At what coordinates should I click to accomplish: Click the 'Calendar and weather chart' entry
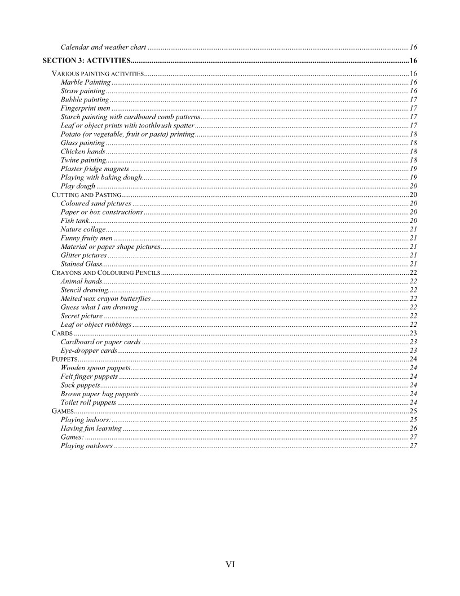point(103,47)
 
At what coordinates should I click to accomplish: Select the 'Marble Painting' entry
point(85,82)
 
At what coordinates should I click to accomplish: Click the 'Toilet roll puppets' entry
point(89,402)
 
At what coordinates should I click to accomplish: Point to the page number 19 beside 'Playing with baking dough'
point(413,177)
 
